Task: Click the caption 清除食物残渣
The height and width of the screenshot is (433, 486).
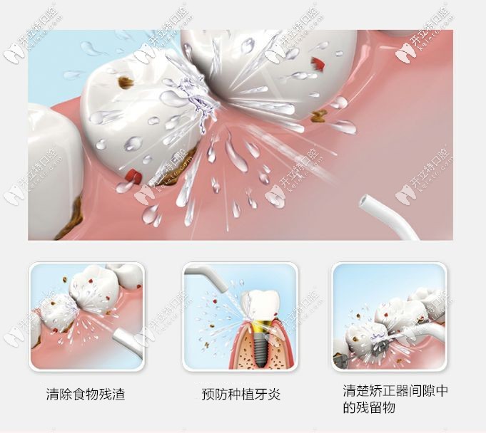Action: click(85, 394)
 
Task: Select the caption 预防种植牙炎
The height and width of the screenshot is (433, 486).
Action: click(241, 394)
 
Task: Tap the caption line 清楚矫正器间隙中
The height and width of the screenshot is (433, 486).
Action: click(395, 391)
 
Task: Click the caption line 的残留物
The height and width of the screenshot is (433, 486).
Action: click(368, 409)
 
